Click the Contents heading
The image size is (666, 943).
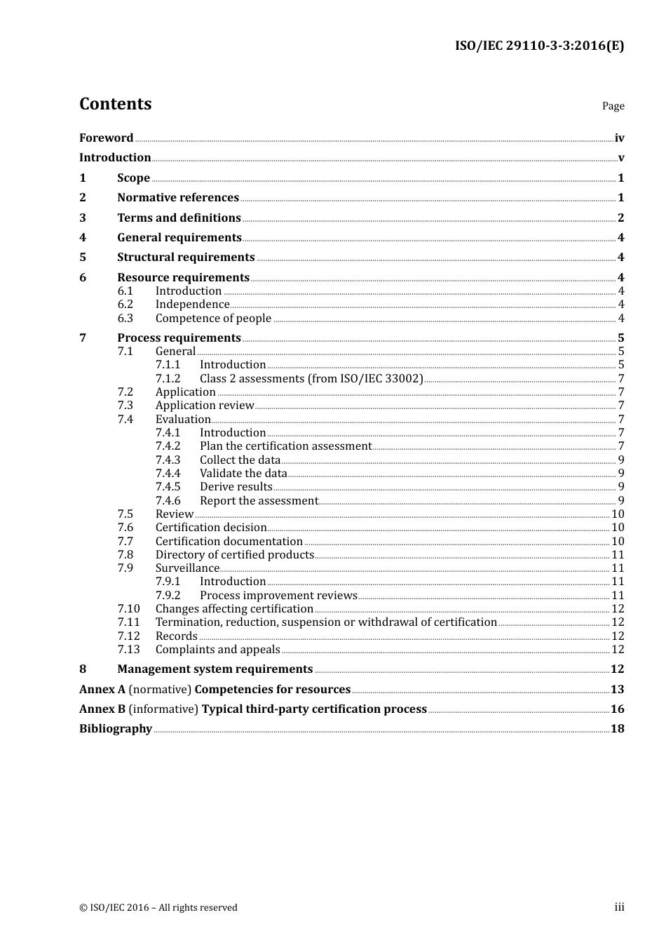115,104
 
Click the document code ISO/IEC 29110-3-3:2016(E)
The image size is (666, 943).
539,46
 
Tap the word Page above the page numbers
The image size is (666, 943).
613,106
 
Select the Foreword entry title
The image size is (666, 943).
106,138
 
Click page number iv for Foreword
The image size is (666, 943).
619,138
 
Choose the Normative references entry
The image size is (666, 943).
178,198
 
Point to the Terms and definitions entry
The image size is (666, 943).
179,218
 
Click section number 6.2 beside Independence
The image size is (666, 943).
125,305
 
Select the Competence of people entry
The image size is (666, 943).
213,319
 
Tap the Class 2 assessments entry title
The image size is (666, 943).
311,379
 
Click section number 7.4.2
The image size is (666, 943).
168,446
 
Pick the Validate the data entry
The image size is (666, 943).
243,474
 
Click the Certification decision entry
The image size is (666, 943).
211,528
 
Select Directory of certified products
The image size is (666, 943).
235,555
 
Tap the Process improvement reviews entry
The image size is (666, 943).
278,596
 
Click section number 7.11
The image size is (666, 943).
128,622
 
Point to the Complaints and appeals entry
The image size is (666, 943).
217,650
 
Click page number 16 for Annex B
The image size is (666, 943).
617,709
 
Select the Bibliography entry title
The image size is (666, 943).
116,729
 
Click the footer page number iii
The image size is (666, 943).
619,907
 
